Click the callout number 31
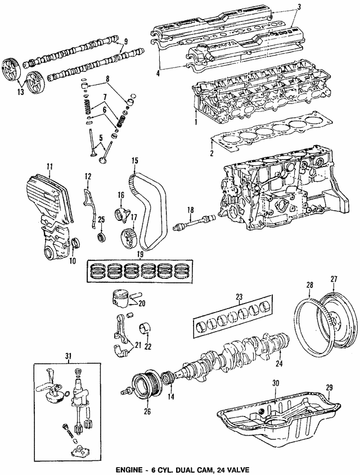pos(68,356)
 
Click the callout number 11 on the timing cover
pos(49,166)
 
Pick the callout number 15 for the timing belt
pos(134,161)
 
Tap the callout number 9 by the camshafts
pos(125,40)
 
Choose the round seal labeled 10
pos(75,243)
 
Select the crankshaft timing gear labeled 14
pos(166,378)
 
